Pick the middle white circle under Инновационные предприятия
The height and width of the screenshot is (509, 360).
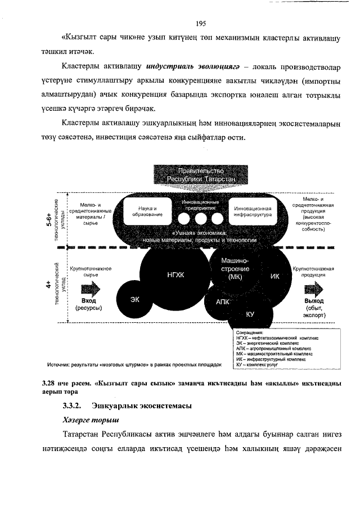[x=200, y=218]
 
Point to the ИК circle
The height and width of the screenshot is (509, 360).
[x=274, y=276]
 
